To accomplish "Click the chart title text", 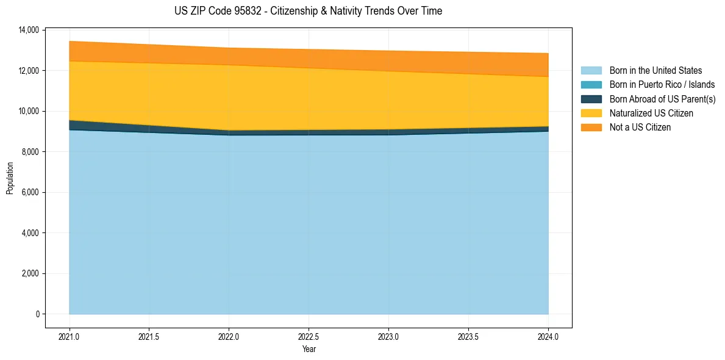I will click(x=308, y=11).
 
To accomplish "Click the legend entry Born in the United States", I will click(x=655, y=71).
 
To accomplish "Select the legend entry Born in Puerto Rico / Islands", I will click(x=662, y=85).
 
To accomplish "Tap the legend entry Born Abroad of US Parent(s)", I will click(x=662, y=99).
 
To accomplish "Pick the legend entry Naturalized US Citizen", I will click(x=651, y=113).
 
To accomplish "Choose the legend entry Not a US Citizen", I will click(x=640, y=127).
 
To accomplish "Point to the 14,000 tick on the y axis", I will click(x=29, y=30).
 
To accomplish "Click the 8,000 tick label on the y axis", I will click(x=30, y=152).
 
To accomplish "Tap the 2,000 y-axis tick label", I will click(x=30, y=273).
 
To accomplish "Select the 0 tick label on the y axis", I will click(x=37, y=314).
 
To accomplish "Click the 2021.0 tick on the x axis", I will click(x=70, y=336).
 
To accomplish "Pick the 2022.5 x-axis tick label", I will click(x=309, y=336).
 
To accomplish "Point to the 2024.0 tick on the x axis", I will click(x=548, y=336).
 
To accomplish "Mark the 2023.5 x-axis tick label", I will click(x=468, y=336).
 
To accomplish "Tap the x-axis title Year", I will click(x=309, y=349).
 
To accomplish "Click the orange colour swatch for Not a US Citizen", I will click(x=591, y=127).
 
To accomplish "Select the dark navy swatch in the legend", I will click(x=591, y=99).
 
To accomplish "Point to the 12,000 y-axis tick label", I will click(x=29, y=71).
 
